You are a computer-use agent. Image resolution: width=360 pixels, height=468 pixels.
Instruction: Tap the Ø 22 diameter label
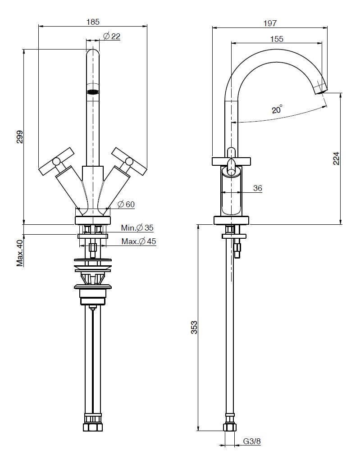click(112, 36)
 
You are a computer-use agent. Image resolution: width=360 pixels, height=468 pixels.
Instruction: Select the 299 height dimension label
click(20, 136)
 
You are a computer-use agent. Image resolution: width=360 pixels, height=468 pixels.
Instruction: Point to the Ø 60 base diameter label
click(126, 204)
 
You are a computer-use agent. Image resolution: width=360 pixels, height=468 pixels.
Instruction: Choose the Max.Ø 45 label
click(138, 241)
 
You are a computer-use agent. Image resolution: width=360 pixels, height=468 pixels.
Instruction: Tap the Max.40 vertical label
click(20, 253)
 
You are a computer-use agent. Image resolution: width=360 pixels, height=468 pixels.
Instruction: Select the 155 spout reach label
click(277, 39)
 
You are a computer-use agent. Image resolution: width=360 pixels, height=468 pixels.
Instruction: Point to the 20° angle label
click(277, 109)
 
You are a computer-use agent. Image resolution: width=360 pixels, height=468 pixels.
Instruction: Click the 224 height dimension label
click(336, 158)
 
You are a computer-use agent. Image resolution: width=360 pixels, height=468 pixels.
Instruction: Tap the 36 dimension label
click(257, 188)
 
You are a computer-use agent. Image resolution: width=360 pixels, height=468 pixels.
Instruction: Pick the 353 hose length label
click(194, 327)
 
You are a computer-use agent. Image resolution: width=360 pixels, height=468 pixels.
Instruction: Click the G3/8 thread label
click(252, 441)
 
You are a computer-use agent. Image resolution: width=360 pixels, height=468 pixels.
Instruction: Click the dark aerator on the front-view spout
click(93, 92)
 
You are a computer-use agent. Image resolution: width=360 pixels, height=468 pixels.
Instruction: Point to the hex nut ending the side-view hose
click(230, 426)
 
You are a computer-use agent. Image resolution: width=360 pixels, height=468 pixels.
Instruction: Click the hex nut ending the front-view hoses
click(92, 426)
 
